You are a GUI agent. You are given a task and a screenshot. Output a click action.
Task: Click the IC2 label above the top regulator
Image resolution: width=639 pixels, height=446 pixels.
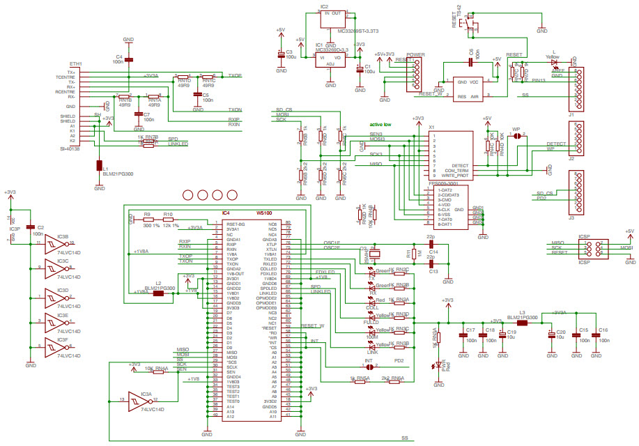[324, 6]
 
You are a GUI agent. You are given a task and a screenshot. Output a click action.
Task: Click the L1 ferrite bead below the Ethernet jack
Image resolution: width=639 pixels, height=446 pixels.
[100, 166]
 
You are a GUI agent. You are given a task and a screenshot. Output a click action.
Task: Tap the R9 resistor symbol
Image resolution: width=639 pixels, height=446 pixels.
[148, 221]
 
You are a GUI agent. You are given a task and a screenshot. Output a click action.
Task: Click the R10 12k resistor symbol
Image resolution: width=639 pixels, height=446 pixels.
[169, 221]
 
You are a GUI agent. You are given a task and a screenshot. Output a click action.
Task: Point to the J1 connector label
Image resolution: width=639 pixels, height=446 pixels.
[571, 115]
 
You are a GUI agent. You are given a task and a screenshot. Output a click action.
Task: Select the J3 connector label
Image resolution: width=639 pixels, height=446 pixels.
[571, 218]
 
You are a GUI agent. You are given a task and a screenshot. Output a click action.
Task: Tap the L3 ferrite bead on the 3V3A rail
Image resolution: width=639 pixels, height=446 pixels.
[521, 322]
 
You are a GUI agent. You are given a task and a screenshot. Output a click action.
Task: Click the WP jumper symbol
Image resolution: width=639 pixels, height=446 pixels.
[516, 137]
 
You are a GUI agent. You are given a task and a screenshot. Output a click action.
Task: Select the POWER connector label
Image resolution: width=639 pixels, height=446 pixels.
[416, 54]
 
